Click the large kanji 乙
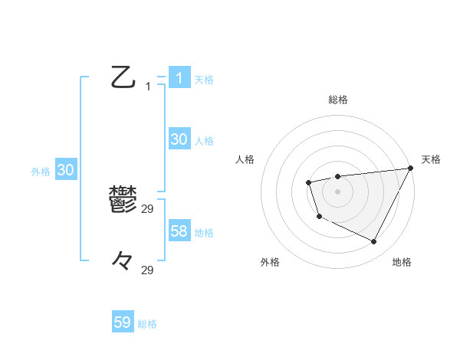click(123, 77)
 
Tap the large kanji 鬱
click(123, 200)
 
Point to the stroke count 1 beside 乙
click(148, 87)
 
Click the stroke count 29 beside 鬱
click(148, 208)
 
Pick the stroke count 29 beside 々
click(148, 270)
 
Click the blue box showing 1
click(179, 78)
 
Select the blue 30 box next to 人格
click(179, 139)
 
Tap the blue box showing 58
click(179, 231)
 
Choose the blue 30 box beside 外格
click(65, 171)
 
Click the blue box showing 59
click(123, 322)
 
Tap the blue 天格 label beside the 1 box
click(204, 79)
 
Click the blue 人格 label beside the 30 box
click(204, 141)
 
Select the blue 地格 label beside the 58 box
click(204, 233)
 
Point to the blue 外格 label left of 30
click(41, 172)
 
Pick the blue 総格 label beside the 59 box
click(147, 324)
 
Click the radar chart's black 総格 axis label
click(337, 100)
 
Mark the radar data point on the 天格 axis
click(410, 169)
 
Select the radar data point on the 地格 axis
click(373, 242)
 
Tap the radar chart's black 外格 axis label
click(270, 262)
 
